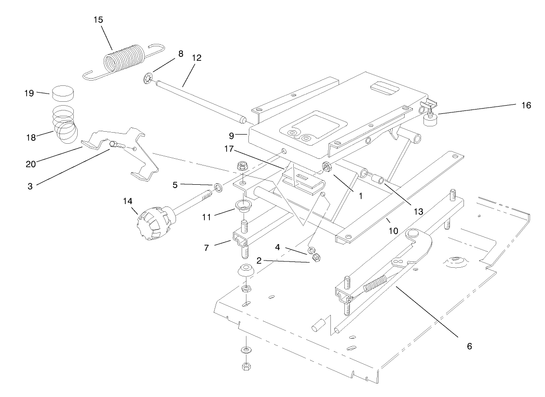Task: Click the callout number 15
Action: [x=98, y=20]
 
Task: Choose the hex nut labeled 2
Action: [x=315, y=259]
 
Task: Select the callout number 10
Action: [x=393, y=231]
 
